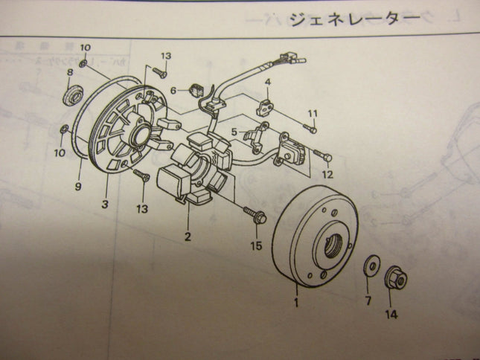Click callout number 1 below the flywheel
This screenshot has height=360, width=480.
click(x=297, y=303)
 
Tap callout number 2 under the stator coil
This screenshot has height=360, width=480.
click(x=188, y=237)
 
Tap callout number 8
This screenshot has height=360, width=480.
click(x=69, y=73)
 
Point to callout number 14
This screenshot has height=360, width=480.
click(x=391, y=315)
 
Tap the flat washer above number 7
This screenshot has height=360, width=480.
click(x=368, y=267)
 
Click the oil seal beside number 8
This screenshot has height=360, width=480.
click(x=72, y=97)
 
